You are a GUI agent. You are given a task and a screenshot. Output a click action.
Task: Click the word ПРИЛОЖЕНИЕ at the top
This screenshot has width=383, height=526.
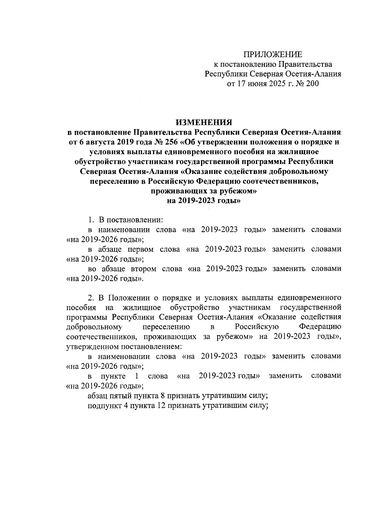click(x=273, y=54)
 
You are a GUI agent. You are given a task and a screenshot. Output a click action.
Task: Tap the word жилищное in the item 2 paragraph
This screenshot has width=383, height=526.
click(x=141, y=307)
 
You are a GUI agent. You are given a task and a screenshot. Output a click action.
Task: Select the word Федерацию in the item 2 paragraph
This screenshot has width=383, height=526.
click(x=320, y=327)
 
